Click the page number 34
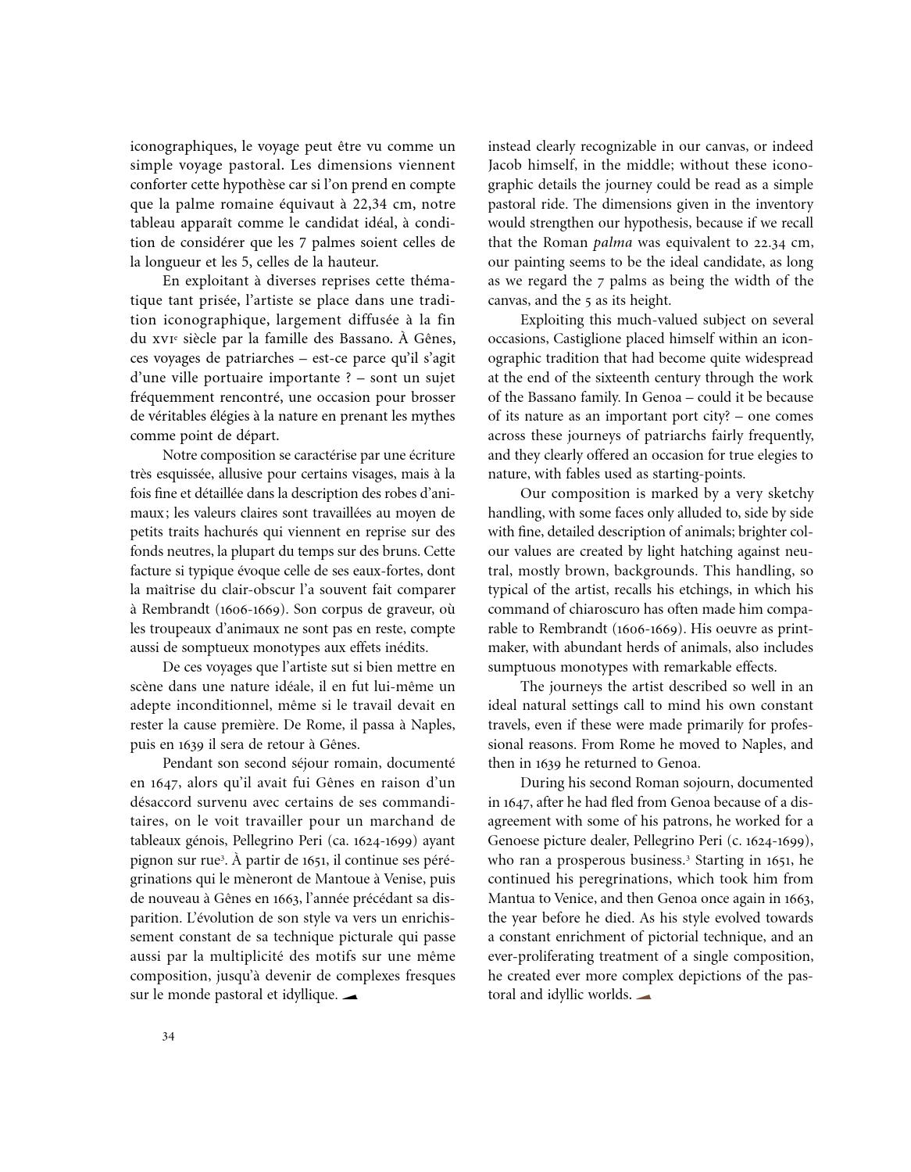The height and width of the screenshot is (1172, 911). pyautogui.click(x=168, y=1037)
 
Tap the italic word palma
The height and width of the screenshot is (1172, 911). pyautogui.click(x=613, y=242)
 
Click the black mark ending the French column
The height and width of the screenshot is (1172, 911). pyautogui.click(x=350, y=996)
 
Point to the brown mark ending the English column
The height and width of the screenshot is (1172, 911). pyautogui.click(x=644, y=996)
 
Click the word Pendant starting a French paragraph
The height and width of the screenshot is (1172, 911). pyautogui.click(x=188, y=763)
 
